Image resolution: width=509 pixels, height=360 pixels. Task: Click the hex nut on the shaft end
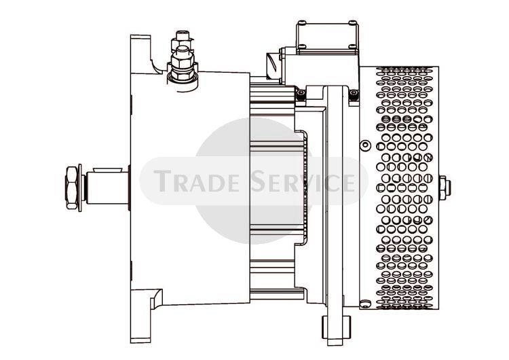point(71,187)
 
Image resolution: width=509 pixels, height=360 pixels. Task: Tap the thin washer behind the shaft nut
point(80,187)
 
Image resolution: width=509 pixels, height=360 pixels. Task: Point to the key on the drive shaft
point(107,170)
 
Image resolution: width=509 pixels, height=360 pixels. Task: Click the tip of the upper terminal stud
point(183,33)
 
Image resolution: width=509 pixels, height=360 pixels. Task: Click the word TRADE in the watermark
point(196,181)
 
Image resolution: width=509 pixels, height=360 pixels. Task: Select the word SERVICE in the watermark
point(303,181)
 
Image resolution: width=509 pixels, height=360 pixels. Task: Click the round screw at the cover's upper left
point(366,145)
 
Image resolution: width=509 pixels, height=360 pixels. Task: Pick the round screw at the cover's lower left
point(366,303)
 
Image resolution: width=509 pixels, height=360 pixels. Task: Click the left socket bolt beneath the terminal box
point(301,94)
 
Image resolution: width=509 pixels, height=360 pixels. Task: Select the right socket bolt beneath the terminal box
point(354,94)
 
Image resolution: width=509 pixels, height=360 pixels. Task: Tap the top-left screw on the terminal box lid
point(302,22)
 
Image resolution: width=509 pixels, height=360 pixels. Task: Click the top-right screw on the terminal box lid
point(352,22)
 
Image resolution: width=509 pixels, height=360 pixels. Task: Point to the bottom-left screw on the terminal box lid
point(302,46)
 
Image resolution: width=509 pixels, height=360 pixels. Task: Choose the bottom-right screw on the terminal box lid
point(352,46)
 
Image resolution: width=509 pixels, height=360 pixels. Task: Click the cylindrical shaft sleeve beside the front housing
point(107,187)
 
